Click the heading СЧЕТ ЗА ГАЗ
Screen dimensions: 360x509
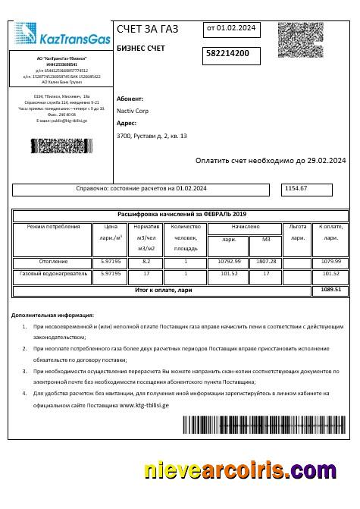[148, 30]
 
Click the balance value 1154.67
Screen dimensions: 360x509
[296, 188]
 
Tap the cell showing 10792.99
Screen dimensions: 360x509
[229, 261]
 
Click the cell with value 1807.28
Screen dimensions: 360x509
[267, 261]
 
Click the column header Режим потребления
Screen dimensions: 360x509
[53, 227]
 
